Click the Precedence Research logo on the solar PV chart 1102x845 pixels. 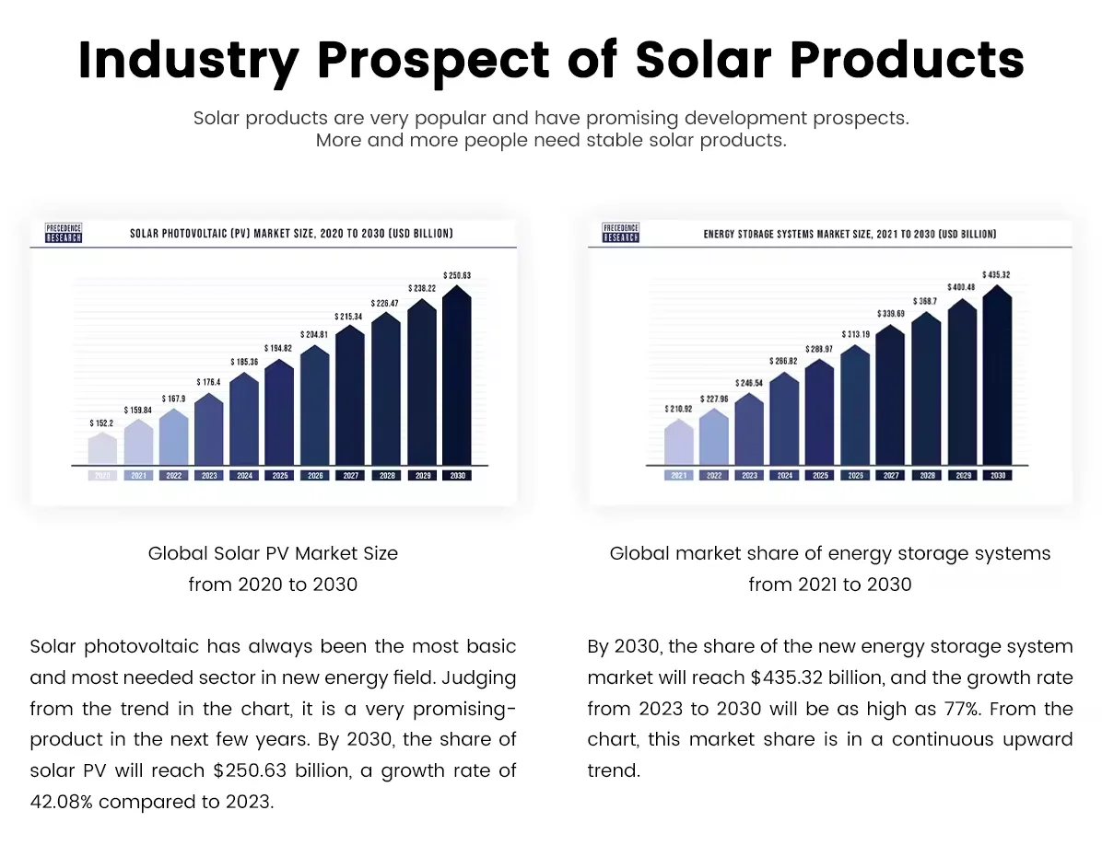[x=64, y=233]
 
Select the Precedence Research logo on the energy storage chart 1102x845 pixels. [x=620, y=233]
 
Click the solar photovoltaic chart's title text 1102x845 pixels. [x=290, y=234]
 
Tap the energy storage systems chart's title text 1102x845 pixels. [x=850, y=235]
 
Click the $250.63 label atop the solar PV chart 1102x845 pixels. [x=456, y=274]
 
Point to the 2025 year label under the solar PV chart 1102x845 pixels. [x=279, y=476]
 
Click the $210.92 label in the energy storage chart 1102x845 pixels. [x=678, y=408]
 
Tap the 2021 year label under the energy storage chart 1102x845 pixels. [x=678, y=476]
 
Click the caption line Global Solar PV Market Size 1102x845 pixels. [x=273, y=553]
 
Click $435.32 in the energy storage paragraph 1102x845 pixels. [x=791, y=677]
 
